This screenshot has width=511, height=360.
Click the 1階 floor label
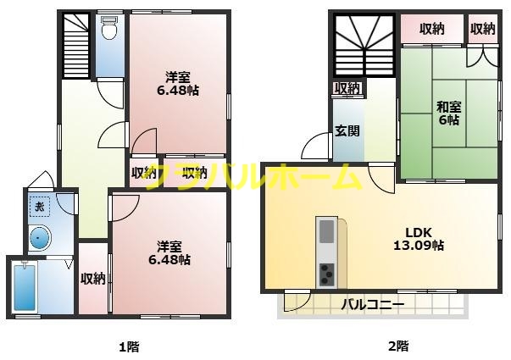128,346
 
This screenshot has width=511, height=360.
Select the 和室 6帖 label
447,114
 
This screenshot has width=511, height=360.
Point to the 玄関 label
346,130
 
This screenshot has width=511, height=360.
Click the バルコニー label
372,303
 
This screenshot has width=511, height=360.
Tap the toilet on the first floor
108,31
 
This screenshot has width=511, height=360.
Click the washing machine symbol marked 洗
38,206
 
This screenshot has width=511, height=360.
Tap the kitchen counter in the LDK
327,252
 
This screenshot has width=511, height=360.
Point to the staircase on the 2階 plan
363,46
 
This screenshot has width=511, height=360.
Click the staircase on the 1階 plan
77,43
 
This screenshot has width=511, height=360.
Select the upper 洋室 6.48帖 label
178,83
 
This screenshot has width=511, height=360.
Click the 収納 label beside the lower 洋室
92,278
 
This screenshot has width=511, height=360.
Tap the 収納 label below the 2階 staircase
347,88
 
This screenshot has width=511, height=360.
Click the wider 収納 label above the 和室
431,29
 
